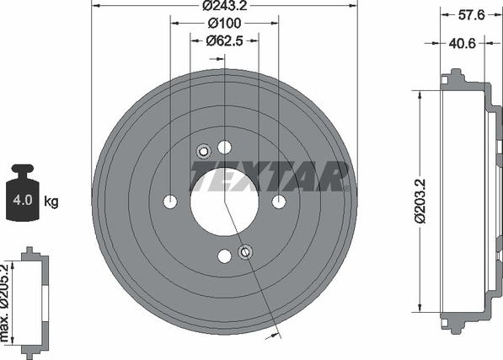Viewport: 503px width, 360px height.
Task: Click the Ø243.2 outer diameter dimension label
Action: [x=225, y=5]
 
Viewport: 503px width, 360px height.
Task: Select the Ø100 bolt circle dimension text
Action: [x=225, y=23]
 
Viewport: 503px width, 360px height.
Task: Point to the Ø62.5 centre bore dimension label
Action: [x=225, y=40]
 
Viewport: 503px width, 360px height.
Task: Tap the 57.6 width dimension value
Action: [x=471, y=15]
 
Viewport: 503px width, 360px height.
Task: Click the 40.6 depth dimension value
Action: [x=462, y=43]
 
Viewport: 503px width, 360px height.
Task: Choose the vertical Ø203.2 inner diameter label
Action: [x=420, y=201]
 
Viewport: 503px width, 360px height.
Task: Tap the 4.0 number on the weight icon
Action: [x=23, y=200]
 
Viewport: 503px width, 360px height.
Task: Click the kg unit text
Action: [x=51, y=201]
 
